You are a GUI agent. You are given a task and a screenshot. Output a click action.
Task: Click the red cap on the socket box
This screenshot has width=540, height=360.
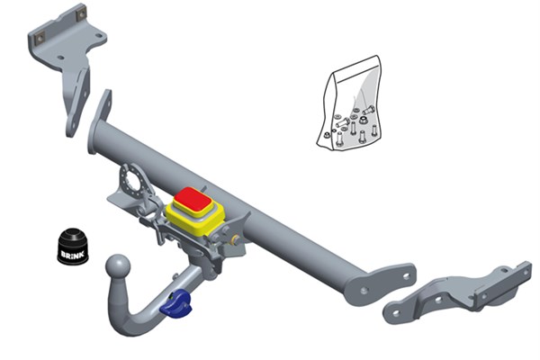click(193, 199)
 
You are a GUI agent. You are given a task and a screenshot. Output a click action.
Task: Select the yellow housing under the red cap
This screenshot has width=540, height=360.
click(195, 220)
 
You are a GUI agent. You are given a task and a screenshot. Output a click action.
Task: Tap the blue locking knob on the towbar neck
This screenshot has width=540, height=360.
click(176, 304)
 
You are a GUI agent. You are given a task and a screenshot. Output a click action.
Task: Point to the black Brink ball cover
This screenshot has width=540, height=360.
click(72, 246)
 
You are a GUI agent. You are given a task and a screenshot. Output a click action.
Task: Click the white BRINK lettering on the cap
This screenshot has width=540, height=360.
click(72, 255)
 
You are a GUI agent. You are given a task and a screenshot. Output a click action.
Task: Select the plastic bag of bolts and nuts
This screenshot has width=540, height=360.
click(349, 103)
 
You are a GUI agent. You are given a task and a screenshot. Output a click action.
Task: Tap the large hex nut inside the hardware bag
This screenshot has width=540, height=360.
click(363, 120)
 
